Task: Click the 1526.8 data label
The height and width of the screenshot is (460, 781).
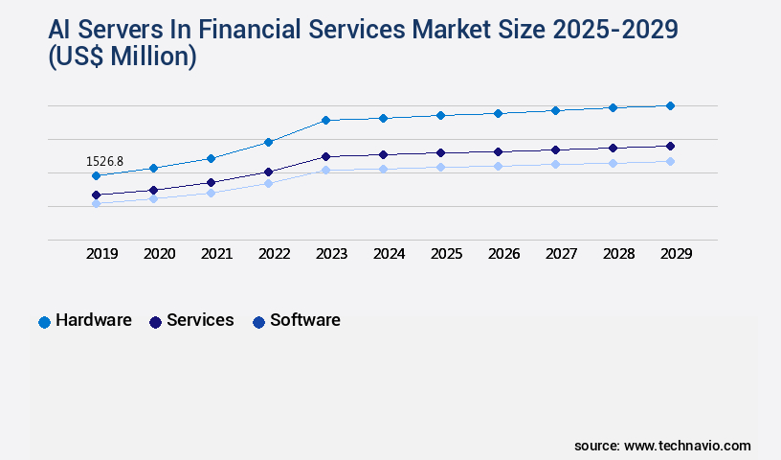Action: (104, 161)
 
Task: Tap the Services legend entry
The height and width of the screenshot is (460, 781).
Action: (190, 320)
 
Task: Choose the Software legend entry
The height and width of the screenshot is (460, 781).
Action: (296, 320)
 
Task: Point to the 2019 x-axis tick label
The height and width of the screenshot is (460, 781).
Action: (102, 254)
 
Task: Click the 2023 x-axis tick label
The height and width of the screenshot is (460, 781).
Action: (331, 254)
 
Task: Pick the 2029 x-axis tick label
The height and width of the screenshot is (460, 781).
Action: (676, 254)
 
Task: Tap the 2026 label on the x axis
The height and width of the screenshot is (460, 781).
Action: (503, 254)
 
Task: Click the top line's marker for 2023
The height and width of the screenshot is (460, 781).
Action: (325, 120)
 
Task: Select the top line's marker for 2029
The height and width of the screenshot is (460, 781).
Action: (670, 105)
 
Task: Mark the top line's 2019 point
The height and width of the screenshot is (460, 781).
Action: (96, 175)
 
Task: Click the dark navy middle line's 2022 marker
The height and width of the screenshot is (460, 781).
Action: (268, 172)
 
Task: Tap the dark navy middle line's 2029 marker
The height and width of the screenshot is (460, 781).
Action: (670, 146)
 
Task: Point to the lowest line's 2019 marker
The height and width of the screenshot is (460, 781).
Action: (96, 203)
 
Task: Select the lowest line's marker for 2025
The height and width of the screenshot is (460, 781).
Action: (440, 167)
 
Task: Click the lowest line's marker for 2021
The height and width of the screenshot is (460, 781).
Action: (211, 193)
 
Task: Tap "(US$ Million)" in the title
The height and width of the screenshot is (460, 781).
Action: (123, 57)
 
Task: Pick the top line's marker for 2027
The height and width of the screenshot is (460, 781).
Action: (555, 110)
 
